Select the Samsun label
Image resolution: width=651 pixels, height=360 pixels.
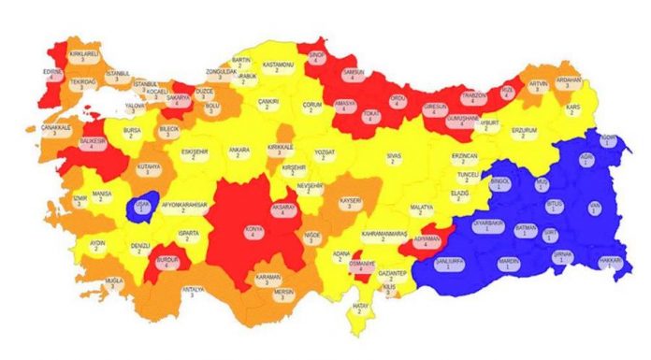tap(354, 74)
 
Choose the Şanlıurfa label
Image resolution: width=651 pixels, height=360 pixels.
tap(449, 262)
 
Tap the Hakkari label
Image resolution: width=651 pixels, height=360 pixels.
tap(609, 263)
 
